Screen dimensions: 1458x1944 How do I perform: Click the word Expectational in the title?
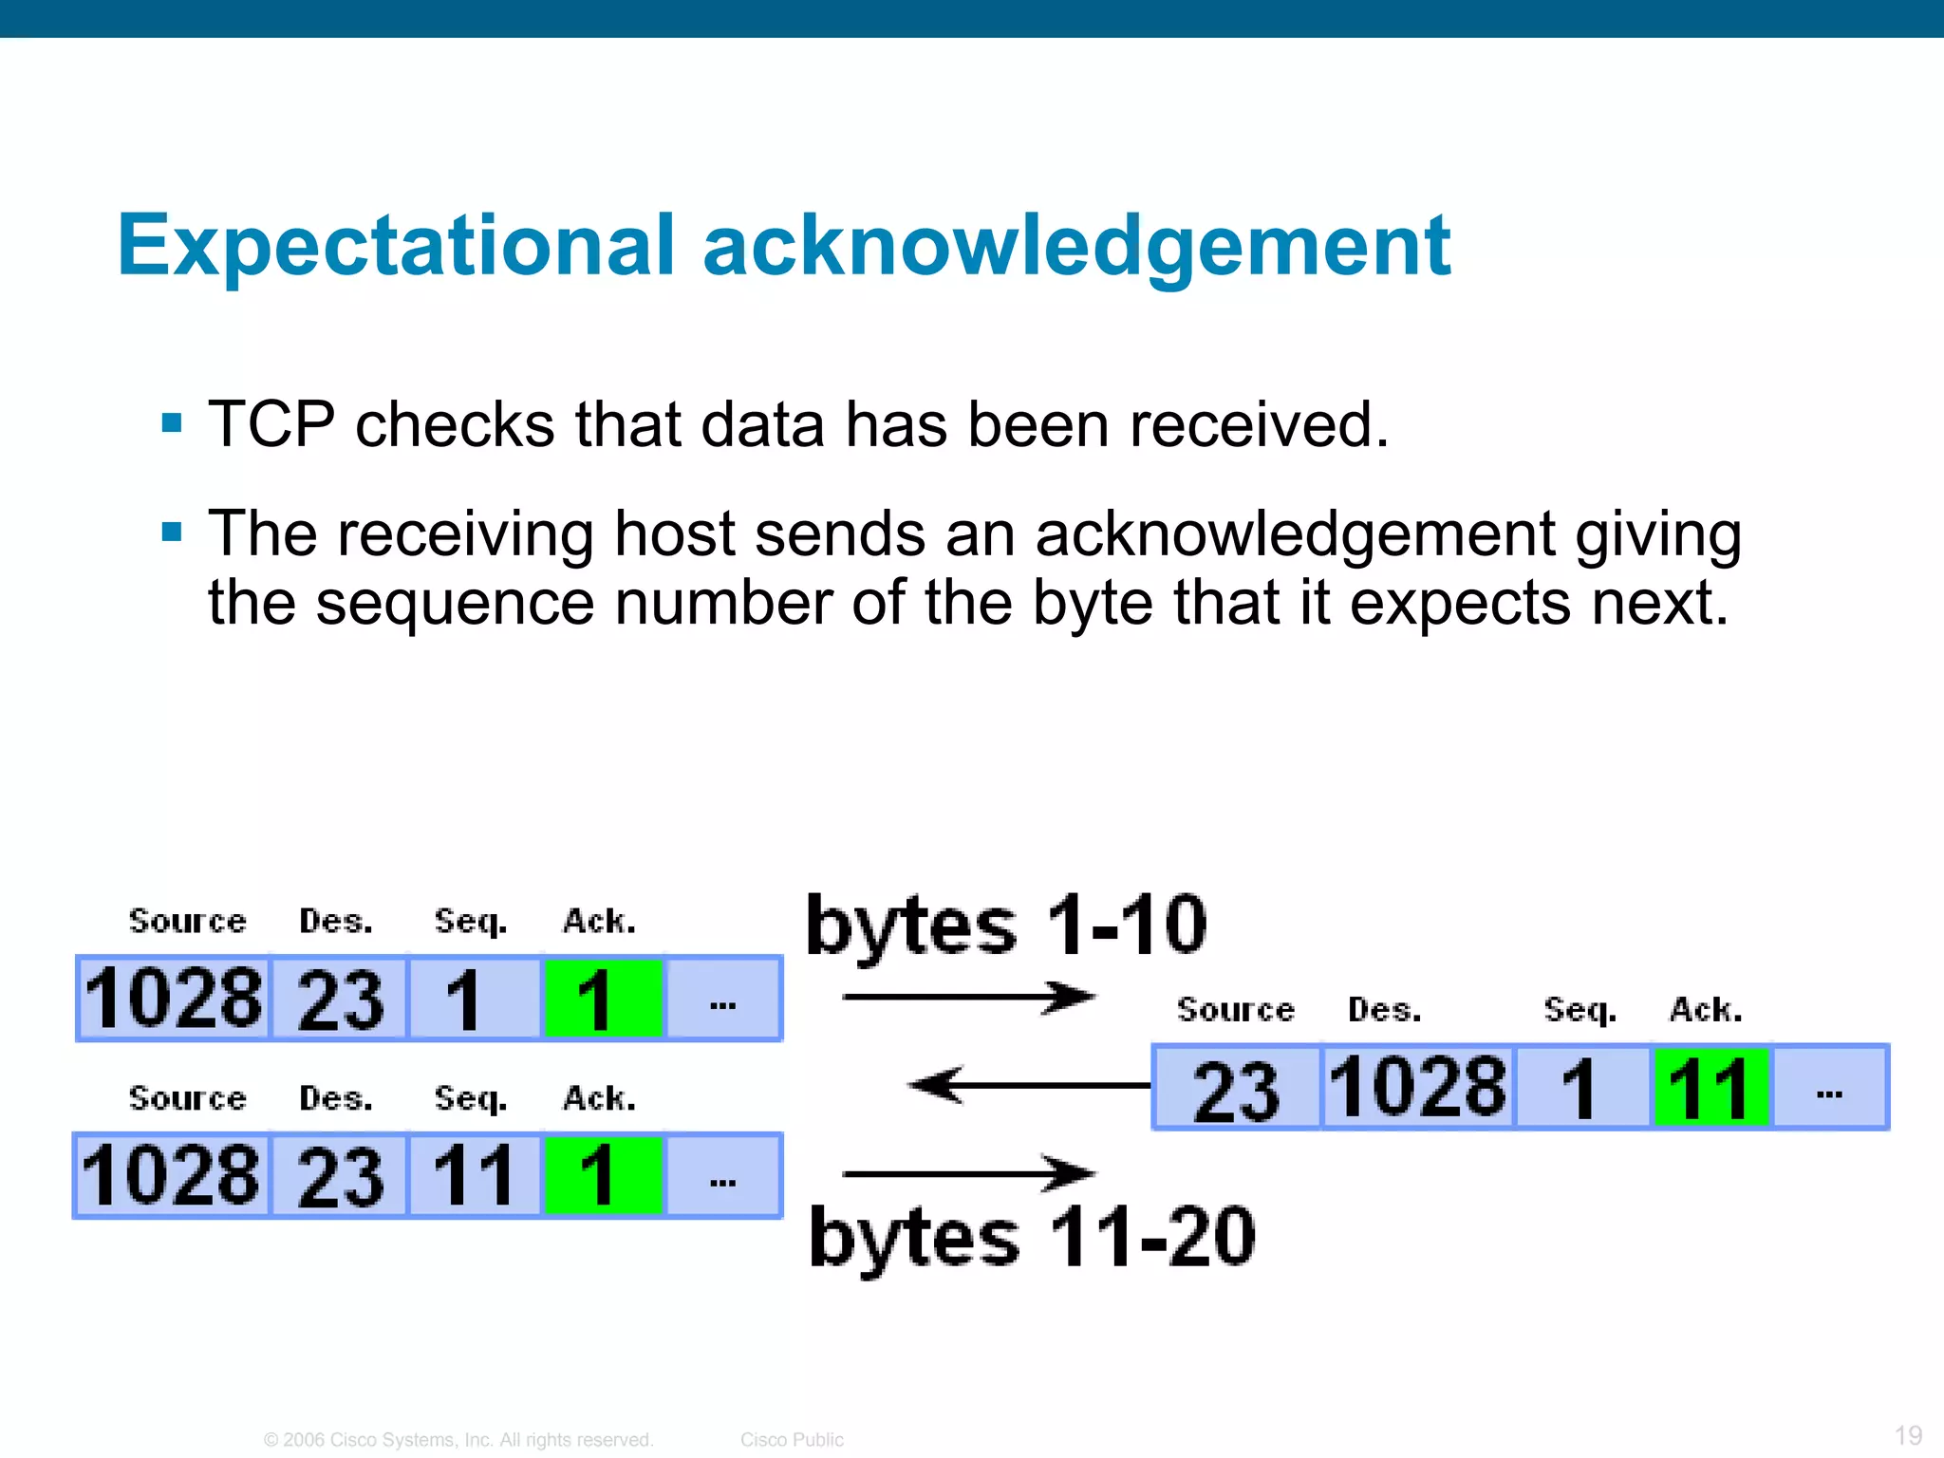[395, 246]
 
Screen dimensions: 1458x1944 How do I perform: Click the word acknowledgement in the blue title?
[1076, 248]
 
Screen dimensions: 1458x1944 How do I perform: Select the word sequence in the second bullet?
[455, 603]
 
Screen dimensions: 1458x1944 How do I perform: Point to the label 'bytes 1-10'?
[1006, 925]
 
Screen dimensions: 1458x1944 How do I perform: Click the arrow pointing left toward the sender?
[1029, 1085]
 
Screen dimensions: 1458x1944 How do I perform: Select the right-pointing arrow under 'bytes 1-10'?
[968, 997]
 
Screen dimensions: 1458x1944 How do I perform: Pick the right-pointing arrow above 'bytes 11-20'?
[968, 1174]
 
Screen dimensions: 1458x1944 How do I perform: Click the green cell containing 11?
[1710, 1088]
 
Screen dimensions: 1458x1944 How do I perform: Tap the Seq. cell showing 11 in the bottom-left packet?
[474, 1176]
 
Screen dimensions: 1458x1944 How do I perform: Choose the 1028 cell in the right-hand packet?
[1417, 1088]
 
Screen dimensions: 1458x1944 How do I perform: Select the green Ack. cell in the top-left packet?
[602, 1000]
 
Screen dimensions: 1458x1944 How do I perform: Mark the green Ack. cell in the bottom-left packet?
[602, 1176]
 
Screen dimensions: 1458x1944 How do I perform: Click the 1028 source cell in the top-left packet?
[174, 1000]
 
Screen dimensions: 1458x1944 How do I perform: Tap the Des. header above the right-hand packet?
[1384, 1010]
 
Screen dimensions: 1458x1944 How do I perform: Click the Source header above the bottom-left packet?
[187, 1098]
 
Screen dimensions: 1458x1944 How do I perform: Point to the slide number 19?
[1908, 1434]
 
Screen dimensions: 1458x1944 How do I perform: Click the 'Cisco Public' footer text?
[792, 1439]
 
